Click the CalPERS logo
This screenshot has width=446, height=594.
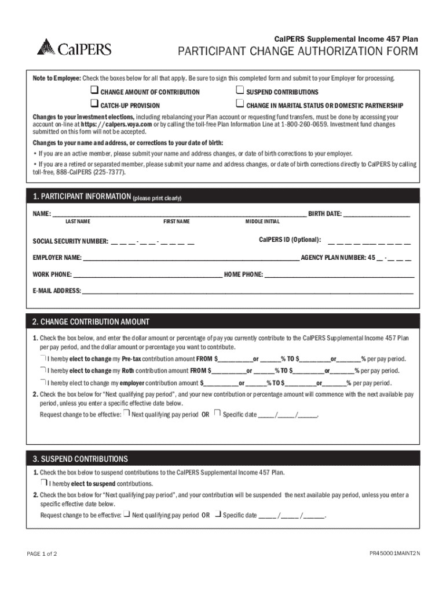pyautogui.click(x=74, y=47)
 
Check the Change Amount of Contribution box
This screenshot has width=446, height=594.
pyautogui.click(x=94, y=90)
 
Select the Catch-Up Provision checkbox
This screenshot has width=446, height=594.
pyautogui.click(x=94, y=104)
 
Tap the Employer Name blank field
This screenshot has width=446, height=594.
pyautogui.click(x=191, y=258)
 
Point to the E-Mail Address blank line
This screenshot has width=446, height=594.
pyautogui.click(x=247, y=291)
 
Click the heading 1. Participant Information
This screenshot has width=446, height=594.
pyautogui.click(x=81, y=197)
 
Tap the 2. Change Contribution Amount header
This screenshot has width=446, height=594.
pyautogui.click(x=91, y=322)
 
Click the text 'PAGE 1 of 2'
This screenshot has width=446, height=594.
pyautogui.click(x=42, y=553)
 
